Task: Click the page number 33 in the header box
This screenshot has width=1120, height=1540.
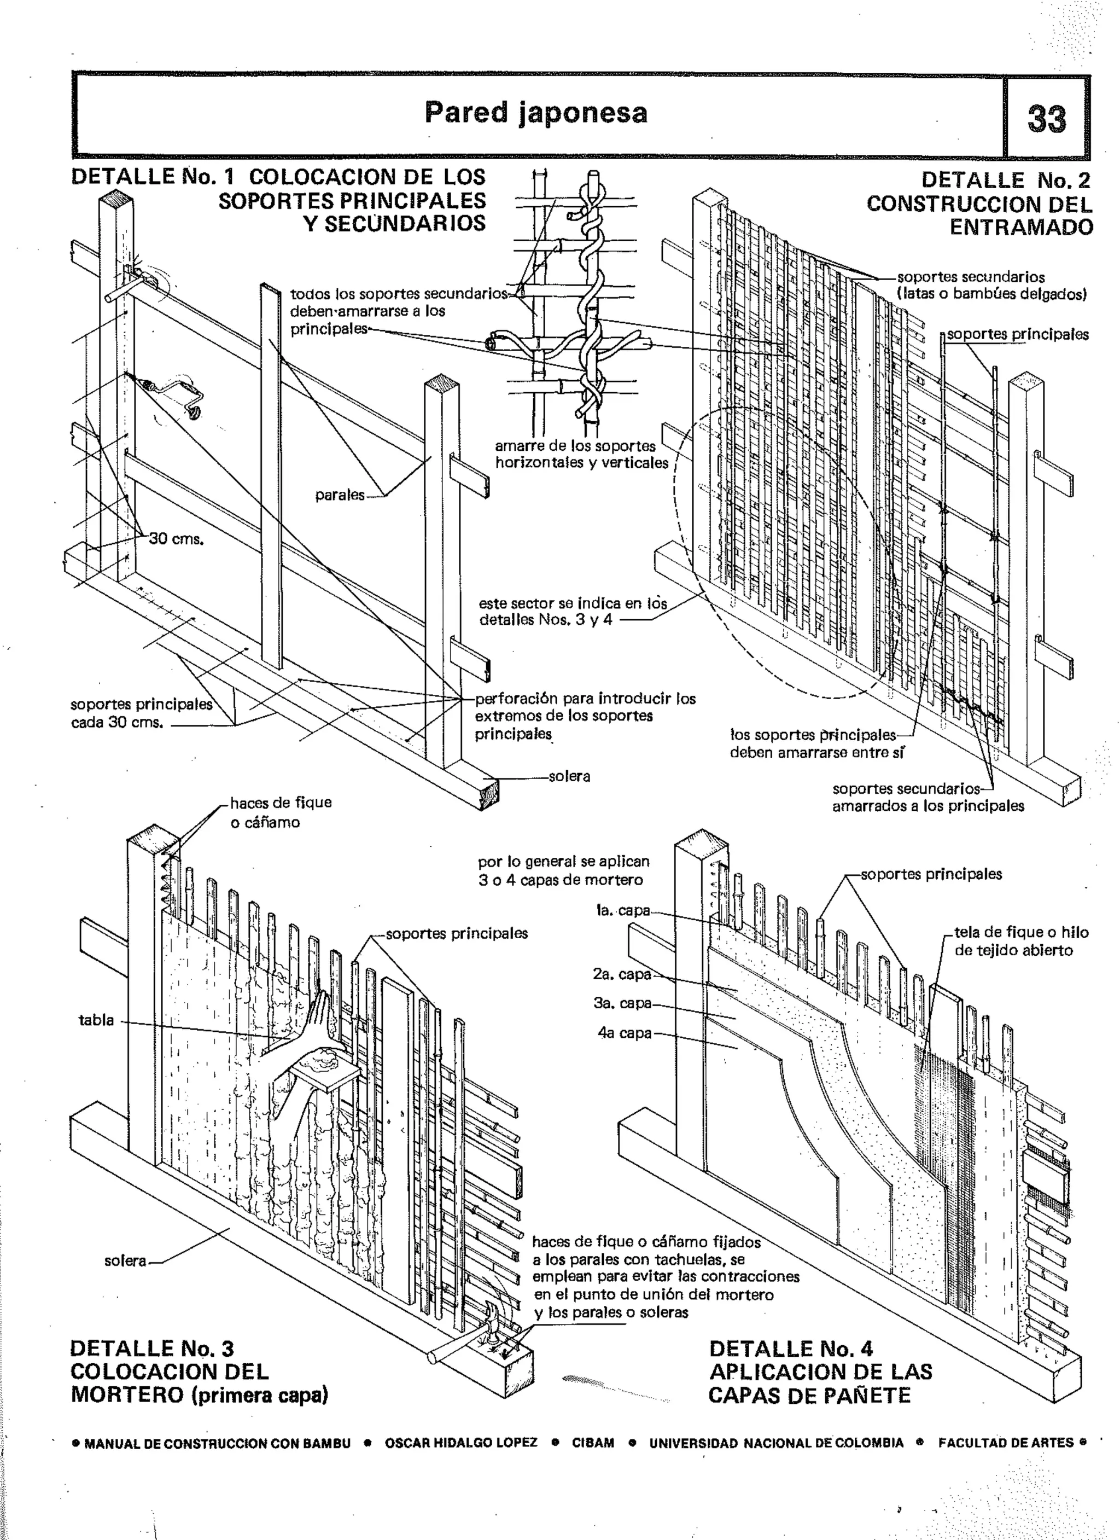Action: click(x=1047, y=118)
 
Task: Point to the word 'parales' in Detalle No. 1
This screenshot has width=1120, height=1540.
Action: click(x=340, y=495)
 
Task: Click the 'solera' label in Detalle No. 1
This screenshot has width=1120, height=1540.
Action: click(x=569, y=776)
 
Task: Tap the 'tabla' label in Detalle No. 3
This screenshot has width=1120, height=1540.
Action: click(x=96, y=1020)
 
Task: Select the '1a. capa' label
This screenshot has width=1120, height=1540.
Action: click(x=622, y=910)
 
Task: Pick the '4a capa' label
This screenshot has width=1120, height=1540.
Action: click(x=624, y=1033)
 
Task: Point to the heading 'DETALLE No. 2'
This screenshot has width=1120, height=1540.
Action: click(x=1005, y=181)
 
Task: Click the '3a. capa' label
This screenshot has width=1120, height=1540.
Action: click(x=622, y=1003)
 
